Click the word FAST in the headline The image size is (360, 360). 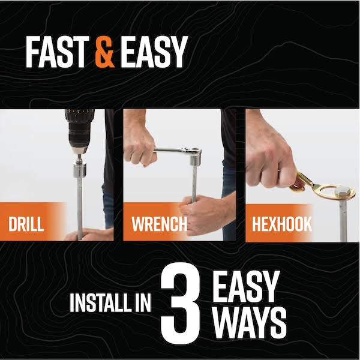(58, 52)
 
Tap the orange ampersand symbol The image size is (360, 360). (104, 52)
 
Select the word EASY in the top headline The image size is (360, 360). (153, 52)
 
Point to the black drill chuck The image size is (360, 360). (78, 133)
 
